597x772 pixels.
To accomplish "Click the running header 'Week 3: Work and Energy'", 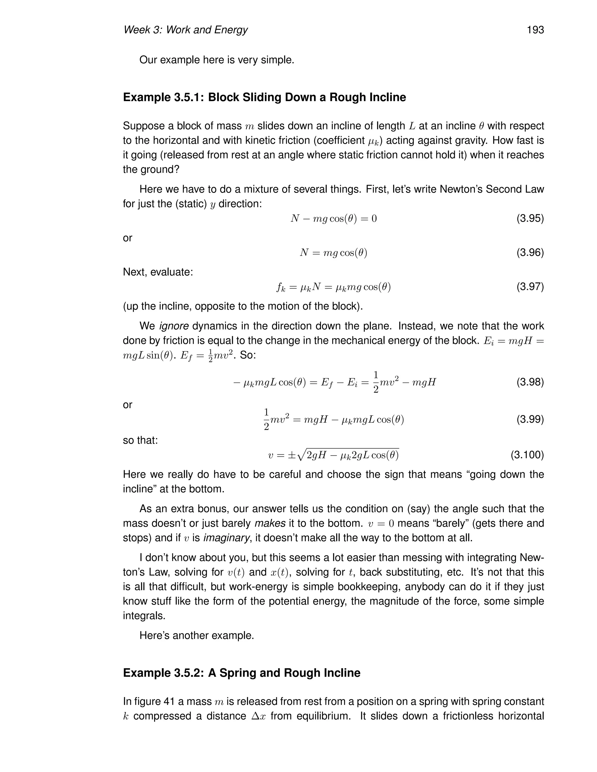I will pos(185,30).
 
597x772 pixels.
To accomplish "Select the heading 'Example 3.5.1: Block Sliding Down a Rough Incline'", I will pos(264,97).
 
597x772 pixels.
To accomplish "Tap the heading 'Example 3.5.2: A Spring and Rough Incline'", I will pos(242,673).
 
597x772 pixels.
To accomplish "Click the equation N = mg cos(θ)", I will pos(333,253).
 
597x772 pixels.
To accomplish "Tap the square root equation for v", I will pos(333,454).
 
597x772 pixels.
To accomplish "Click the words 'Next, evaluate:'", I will pos(158,272).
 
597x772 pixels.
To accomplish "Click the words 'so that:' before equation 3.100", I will pos(140,440).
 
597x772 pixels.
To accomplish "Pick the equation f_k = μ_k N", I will pos(333,287).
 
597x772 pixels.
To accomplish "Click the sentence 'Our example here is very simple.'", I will pos(217,60).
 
